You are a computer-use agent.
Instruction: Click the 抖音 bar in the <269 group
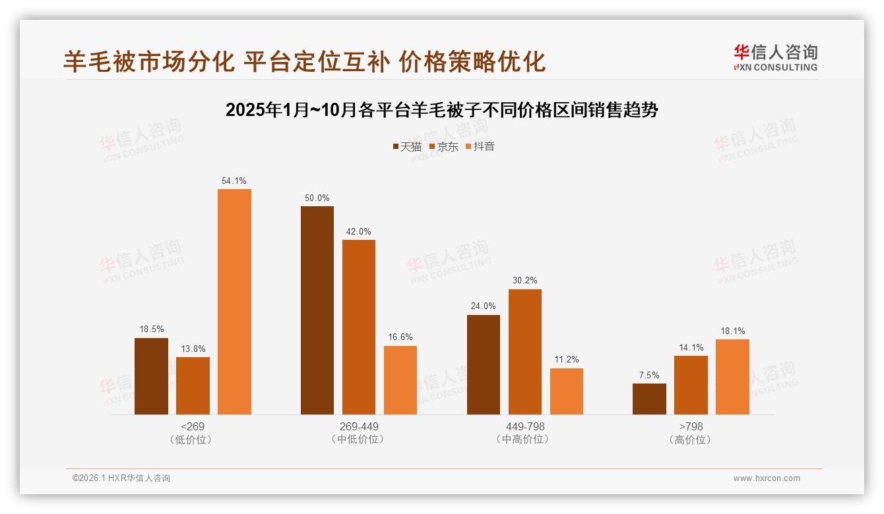[x=234, y=302]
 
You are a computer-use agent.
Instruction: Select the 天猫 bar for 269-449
[x=317, y=310]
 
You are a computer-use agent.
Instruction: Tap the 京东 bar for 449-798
[x=525, y=352]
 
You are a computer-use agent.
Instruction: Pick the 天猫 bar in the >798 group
[x=649, y=399]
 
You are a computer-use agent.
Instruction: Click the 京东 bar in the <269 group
[x=193, y=385]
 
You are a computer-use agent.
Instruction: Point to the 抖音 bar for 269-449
[x=400, y=380]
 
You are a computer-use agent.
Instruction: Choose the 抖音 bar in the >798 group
[x=732, y=377]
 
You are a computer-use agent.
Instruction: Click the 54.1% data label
[x=234, y=181]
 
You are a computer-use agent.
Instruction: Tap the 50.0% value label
[x=317, y=198]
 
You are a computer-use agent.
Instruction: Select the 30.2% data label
[x=525, y=281]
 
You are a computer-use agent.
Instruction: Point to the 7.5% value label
[x=649, y=375]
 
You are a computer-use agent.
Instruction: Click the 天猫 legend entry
[x=407, y=146]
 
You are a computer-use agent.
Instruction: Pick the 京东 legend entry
[x=444, y=146]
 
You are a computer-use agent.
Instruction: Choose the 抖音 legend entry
[x=480, y=146]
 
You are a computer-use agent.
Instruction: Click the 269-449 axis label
[x=359, y=426]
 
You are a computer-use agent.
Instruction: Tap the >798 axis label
[x=691, y=426]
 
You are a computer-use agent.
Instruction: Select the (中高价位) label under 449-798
[x=525, y=439]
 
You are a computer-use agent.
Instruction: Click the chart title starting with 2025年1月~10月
[x=442, y=109]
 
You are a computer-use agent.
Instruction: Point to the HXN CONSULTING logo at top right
[x=775, y=57]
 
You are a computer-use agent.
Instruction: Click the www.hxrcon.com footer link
[x=767, y=478]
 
